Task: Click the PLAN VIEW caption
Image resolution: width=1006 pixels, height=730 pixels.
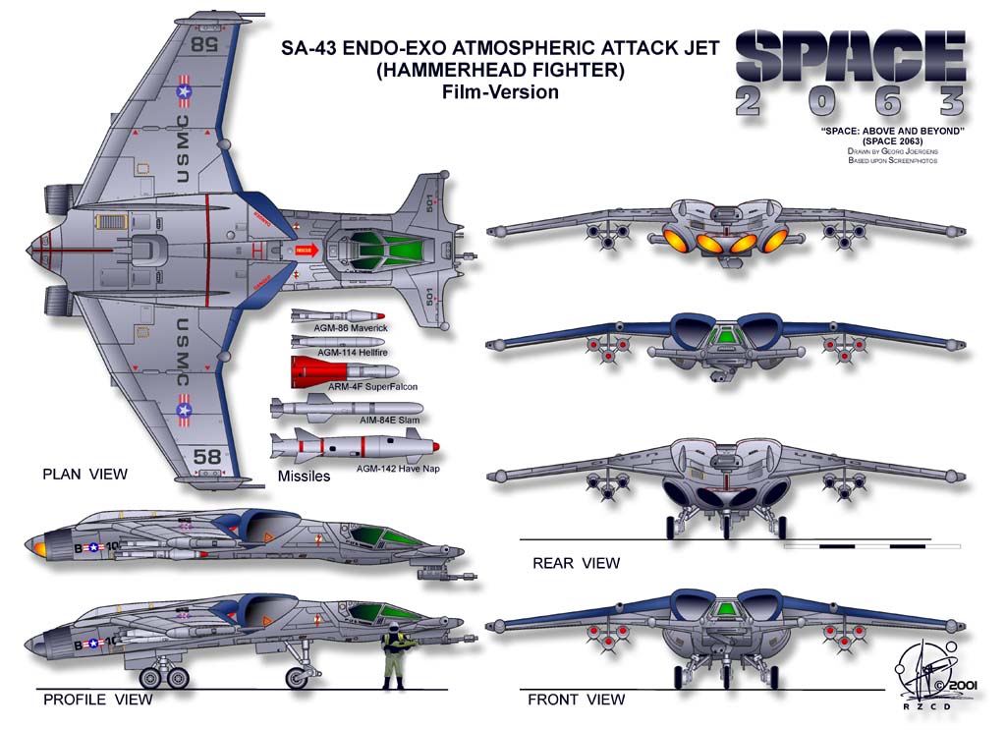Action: (x=84, y=474)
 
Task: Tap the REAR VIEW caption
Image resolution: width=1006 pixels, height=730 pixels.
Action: (x=576, y=563)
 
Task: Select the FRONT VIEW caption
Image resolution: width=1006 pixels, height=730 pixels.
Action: (x=576, y=700)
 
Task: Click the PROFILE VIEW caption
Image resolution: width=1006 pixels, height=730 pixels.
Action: (x=97, y=700)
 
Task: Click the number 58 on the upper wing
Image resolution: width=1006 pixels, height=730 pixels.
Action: (x=204, y=43)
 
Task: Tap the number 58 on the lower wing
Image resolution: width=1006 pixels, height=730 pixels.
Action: (x=206, y=457)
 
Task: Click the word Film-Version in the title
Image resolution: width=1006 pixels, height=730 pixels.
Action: (x=500, y=92)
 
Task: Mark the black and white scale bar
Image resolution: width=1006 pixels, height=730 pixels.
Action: (x=872, y=543)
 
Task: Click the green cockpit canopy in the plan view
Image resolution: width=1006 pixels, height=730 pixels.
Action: (x=378, y=251)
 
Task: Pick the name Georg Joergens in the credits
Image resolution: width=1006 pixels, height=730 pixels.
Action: (x=904, y=151)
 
